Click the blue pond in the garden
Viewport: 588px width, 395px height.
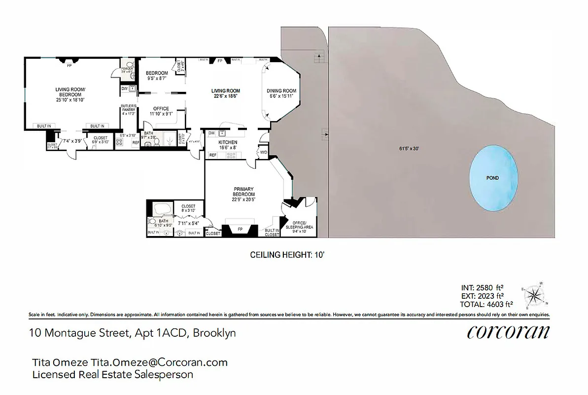493,179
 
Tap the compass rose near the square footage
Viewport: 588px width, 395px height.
535,295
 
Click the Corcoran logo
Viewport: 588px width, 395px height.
508,332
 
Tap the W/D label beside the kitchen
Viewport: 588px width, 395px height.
263,152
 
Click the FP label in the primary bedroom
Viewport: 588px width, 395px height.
240,230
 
